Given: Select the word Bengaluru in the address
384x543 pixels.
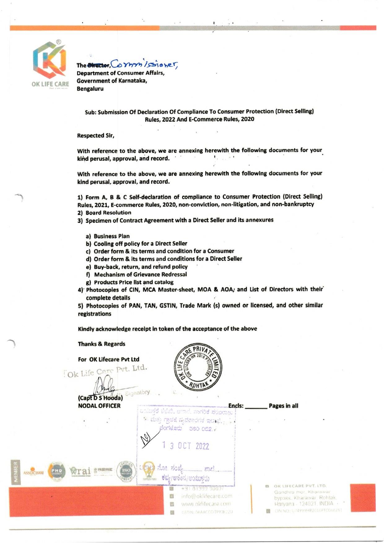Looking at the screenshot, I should [90, 89].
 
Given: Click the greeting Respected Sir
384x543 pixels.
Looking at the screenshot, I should [96, 135].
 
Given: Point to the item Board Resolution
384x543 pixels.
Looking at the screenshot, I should [108, 212].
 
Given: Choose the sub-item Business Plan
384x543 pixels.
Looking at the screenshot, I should [111, 236].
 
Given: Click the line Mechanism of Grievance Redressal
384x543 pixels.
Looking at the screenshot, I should [140, 274].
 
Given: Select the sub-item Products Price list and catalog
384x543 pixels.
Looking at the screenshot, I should [133, 282].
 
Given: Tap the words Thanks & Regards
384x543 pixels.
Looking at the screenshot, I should [102, 344].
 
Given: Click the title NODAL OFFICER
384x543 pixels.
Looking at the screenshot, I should [99, 406].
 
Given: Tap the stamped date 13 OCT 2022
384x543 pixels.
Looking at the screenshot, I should [185, 446].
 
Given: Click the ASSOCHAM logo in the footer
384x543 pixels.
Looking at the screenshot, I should [33, 473].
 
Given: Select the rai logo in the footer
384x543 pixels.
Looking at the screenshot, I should [80, 471].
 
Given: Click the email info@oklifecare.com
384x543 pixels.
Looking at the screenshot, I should [207, 496].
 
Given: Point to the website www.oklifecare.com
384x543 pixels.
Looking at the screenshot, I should [206, 504].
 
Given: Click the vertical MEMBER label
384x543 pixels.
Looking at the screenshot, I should [15, 472].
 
